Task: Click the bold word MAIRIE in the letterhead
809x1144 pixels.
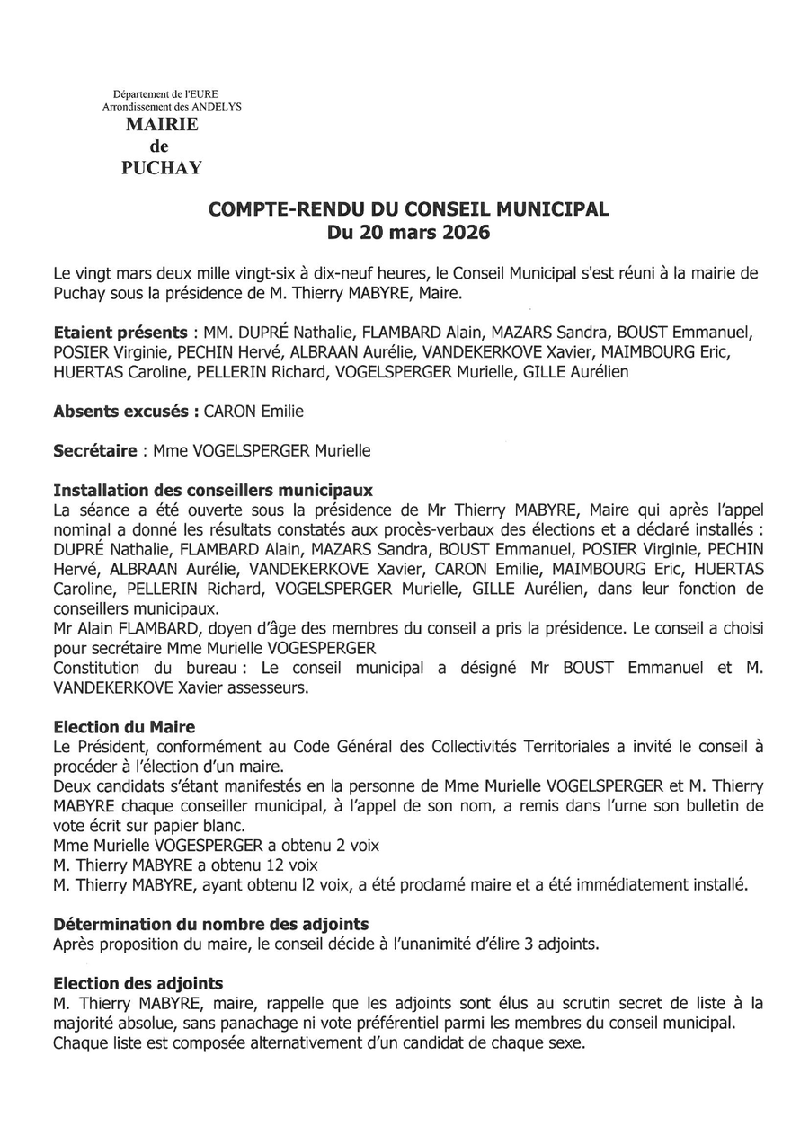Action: click(162, 126)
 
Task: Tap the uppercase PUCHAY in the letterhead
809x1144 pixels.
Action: click(162, 167)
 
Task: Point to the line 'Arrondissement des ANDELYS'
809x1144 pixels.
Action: click(172, 106)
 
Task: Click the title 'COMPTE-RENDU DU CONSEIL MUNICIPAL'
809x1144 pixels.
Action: click(409, 209)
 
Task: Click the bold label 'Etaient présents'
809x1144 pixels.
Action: click(120, 332)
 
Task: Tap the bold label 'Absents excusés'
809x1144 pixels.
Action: click(125, 412)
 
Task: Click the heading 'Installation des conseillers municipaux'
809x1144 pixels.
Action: click(213, 492)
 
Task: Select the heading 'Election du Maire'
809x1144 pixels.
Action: click(124, 727)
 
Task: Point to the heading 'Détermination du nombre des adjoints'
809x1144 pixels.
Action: click(210, 924)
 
